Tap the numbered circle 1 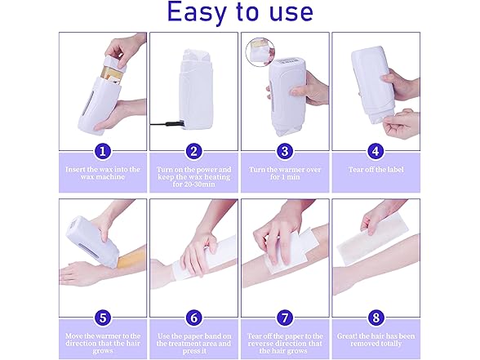[102, 151]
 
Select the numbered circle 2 [193, 151]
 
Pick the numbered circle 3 [285, 151]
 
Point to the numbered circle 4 [376, 151]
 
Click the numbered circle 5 [102, 318]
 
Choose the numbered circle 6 [193, 318]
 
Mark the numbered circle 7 [285, 318]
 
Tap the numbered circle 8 [376, 318]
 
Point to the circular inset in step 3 [260, 51]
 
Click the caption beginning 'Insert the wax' [102, 173]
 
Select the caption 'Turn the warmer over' [285, 173]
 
